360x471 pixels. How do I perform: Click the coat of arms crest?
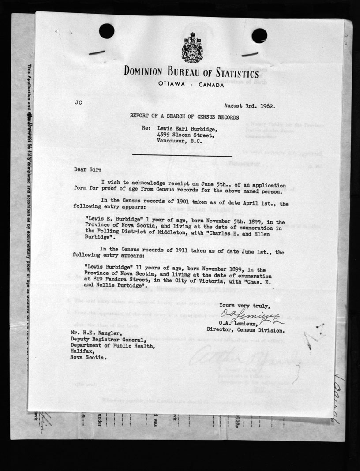(x=191, y=47)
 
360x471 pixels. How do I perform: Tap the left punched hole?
(x=107, y=31)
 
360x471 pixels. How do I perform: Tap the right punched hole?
(x=259, y=35)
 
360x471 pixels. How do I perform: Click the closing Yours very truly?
(x=245, y=305)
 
